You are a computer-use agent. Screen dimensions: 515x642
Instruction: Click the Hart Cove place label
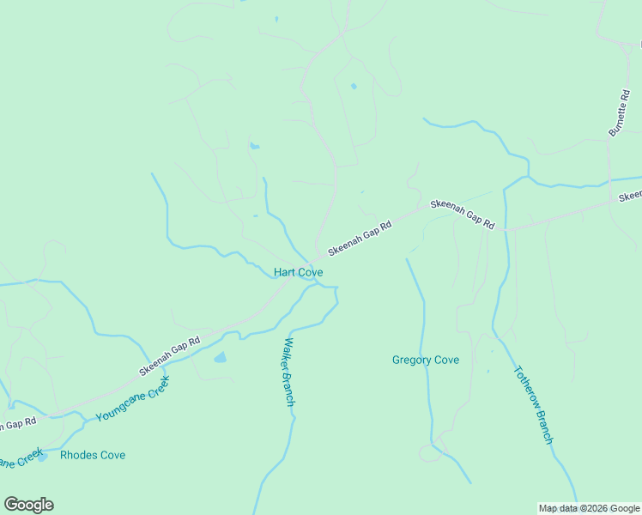coord(298,272)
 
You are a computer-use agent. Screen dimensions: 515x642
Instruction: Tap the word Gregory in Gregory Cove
coord(411,360)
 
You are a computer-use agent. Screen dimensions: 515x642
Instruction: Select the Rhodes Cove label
coord(93,455)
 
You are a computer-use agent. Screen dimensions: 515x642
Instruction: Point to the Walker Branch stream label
coord(288,371)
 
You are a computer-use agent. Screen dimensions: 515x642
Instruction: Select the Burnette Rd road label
coord(618,112)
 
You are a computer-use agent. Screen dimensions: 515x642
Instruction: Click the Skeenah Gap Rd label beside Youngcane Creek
coord(169,356)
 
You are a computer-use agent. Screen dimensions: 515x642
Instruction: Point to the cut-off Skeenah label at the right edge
coord(630,197)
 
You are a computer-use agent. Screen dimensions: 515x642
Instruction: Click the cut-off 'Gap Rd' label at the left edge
coord(17,423)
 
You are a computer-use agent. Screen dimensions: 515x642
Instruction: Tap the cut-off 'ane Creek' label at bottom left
coord(19,462)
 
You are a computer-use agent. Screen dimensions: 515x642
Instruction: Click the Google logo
coord(28,505)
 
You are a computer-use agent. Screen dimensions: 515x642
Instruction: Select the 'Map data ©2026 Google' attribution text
coord(590,508)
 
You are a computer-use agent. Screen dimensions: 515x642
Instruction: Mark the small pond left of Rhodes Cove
coord(41,457)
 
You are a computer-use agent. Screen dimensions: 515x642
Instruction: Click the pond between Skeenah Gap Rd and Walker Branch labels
coord(220,357)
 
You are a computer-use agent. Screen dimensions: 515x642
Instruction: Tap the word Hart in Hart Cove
coord(284,272)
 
